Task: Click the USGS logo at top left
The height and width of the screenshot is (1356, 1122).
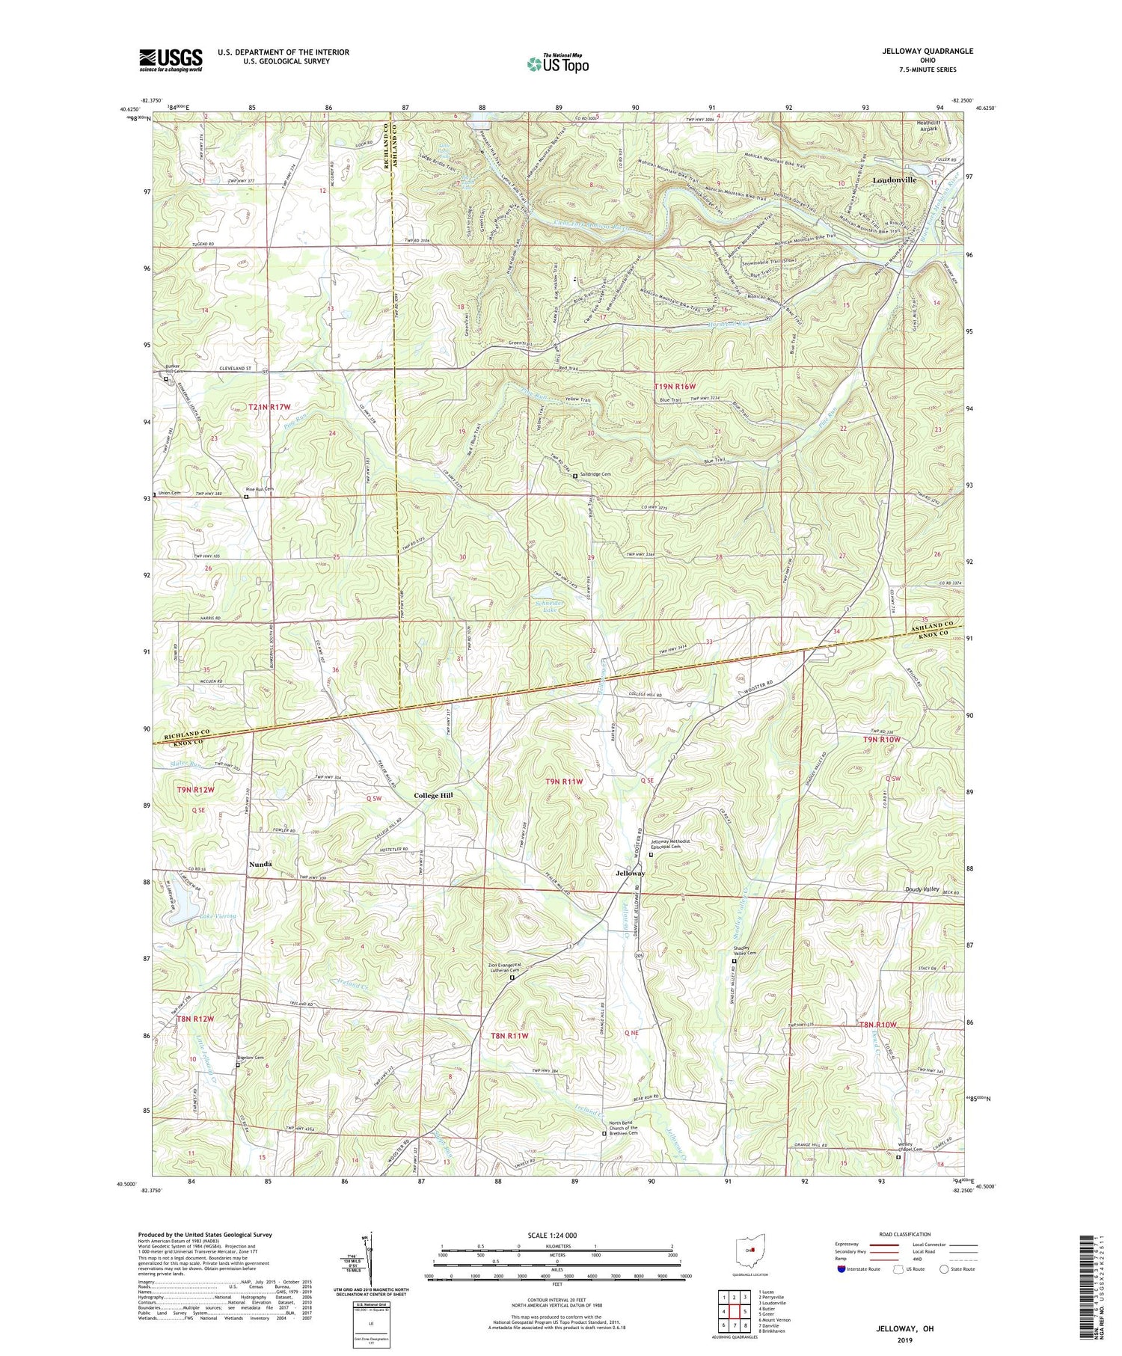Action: (x=171, y=60)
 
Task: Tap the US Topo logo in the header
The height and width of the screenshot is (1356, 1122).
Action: (x=557, y=64)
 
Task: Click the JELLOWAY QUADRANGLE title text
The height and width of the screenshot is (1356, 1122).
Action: (x=927, y=51)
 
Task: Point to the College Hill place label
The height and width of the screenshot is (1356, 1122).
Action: (x=434, y=795)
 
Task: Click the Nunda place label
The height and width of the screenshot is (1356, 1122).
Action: (x=259, y=864)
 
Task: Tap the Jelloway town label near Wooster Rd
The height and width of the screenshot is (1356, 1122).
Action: (x=630, y=873)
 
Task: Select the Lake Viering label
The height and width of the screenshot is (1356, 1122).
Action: (x=218, y=915)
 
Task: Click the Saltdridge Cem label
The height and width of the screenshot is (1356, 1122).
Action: (x=596, y=474)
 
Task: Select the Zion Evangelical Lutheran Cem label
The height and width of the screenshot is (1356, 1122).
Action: (x=513, y=968)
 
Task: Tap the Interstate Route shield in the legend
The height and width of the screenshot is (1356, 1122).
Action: (x=841, y=1268)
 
